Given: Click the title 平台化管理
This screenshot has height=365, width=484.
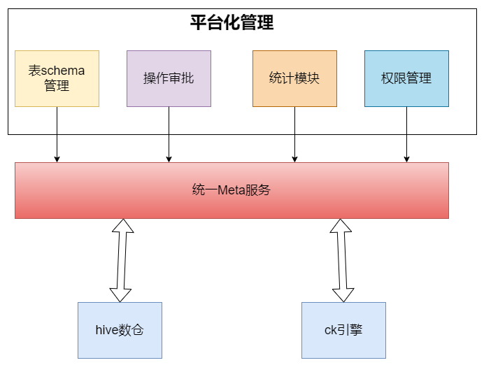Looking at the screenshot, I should tap(232, 22).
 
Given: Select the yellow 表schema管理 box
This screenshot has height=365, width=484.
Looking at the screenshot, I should tap(57, 78).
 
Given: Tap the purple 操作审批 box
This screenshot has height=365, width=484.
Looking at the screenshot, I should tap(169, 78).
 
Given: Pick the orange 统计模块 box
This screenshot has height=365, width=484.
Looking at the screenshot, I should tap(294, 78).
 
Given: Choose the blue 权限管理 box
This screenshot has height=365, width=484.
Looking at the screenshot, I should tap(406, 78).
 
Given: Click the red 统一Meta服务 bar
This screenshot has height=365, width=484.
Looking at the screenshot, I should tap(232, 190).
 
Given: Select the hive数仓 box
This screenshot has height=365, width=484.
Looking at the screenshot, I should tap(120, 330).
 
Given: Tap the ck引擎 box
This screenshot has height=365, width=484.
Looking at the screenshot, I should tap(343, 330).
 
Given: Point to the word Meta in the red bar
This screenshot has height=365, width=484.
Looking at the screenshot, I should tap(229, 190).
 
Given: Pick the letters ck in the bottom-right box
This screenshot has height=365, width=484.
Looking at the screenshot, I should tap(331, 330).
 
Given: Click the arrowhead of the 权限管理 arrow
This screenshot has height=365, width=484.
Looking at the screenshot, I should tap(406, 159).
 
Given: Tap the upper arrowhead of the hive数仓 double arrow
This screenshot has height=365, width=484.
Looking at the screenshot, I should tap(122, 227).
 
